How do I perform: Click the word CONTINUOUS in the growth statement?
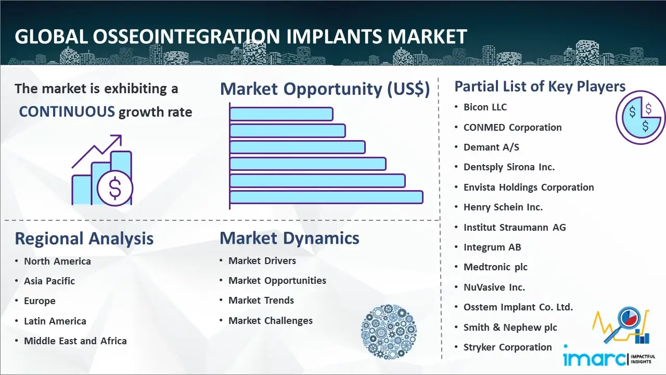[67, 111]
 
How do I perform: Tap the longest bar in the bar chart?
[326, 197]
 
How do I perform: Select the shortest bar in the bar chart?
[281, 114]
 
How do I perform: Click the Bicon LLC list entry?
[485, 107]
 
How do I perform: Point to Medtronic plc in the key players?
[495, 267]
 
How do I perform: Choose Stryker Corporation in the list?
[507, 347]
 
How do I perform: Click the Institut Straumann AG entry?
[515, 227]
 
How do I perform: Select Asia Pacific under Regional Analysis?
[49, 281]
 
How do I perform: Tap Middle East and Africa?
[75, 341]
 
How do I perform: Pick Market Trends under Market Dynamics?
[261, 301]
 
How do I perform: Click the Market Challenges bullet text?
[271, 320]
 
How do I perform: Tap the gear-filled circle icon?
[389, 332]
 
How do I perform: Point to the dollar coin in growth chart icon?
[115, 189]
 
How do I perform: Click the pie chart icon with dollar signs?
[640, 117]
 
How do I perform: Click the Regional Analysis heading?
[84, 239]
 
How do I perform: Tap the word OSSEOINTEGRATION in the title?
[186, 36]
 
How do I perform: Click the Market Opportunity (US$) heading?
[325, 89]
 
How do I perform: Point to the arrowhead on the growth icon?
[118, 139]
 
